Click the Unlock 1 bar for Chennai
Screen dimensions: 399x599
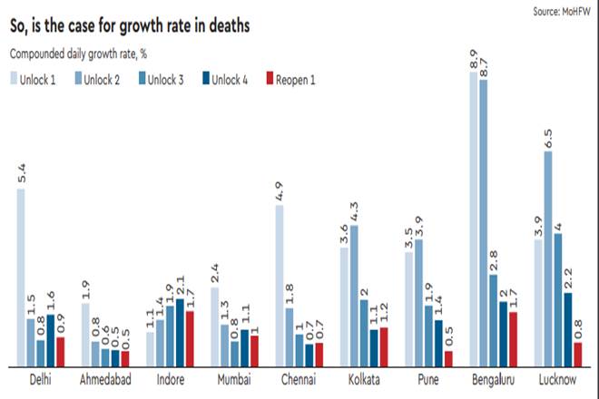pyautogui.click(x=279, y=286)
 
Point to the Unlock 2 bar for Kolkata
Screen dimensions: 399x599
pyautogui.click(x=354, y=295)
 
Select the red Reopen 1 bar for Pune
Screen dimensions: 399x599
pyautogui.click(x=448, y=358)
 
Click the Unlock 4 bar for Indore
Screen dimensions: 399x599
pyautogui.click(x=180, y=332)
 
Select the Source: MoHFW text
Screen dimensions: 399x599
pyautogui.click(x=560, y=10)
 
